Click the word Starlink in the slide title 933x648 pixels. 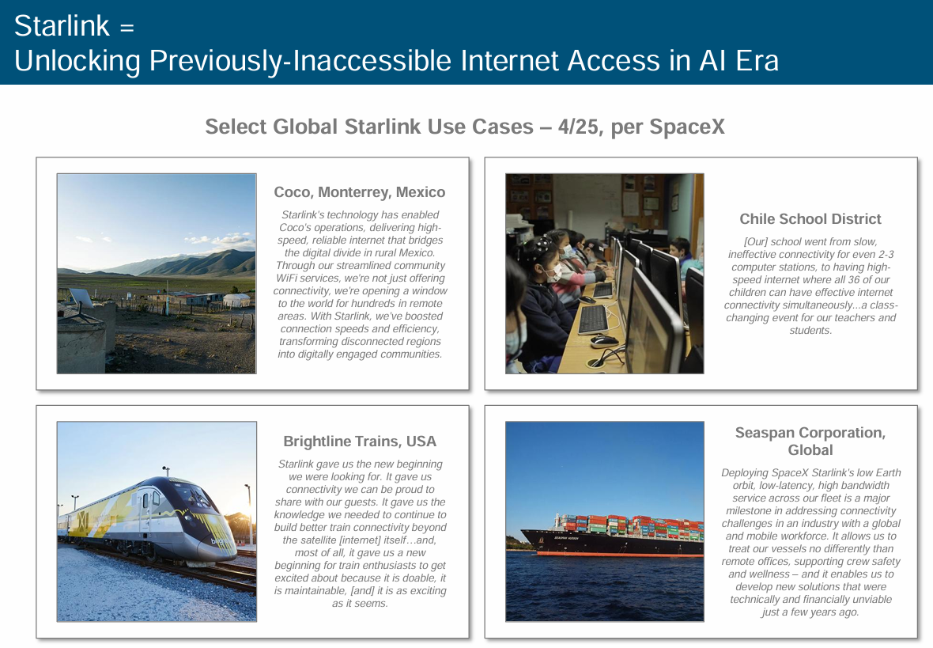62,26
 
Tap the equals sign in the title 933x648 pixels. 127,28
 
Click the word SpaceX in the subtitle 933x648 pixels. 686,127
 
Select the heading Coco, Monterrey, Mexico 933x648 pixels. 360,191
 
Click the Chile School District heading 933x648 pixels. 810,218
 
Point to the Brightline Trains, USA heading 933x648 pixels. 360,441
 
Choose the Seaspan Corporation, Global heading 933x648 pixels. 810,441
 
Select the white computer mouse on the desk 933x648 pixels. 603,341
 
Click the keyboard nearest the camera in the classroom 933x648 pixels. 593,320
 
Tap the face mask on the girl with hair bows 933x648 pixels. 554,274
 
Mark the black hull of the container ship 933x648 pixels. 612,544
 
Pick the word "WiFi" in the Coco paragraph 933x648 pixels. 287,279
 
